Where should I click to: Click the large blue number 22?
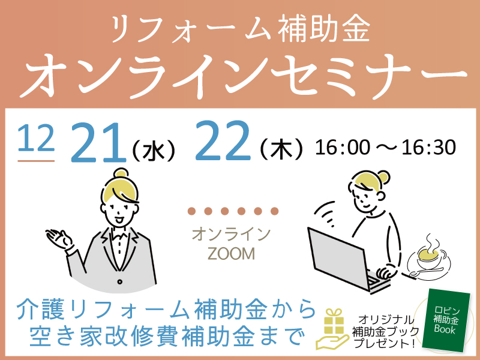tap(223, 141)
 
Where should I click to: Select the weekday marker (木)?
tap(281, 149)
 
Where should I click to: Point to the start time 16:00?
tap(343, 148)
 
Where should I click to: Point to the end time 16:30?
tap(429, 148)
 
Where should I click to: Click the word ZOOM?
tap(231, 254)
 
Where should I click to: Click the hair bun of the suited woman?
tap(121, 173)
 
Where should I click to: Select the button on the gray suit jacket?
tap(119, 281)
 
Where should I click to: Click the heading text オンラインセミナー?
tap(244, 77)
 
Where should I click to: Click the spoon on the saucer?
tap(426, 272)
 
